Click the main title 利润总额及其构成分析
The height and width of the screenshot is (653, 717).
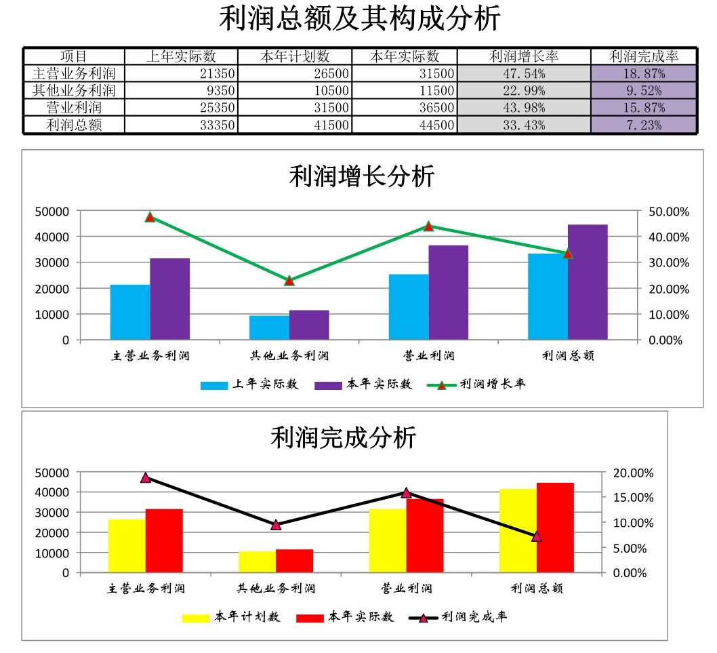click(x=359, y=18)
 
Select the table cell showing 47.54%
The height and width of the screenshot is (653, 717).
click(x=524, y=73)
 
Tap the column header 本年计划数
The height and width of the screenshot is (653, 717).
click(x=295, y=56)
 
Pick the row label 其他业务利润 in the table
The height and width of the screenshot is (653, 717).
click(x=74, y=90)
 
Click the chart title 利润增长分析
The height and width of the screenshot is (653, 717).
click(x=361, y=177)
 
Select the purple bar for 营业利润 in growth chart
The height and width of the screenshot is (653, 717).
click(x=448, y=292)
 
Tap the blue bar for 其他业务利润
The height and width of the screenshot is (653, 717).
click(x=269, y=328)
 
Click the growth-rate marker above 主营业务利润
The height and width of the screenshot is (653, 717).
click(x=150, y=217)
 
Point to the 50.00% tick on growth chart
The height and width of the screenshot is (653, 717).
click(x=668, y=212)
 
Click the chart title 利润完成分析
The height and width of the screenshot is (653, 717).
click(x=343, y=438)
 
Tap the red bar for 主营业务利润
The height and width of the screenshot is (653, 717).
click(x=164, y=540)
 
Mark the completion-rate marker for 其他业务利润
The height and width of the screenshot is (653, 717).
click(x=276, y=525)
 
